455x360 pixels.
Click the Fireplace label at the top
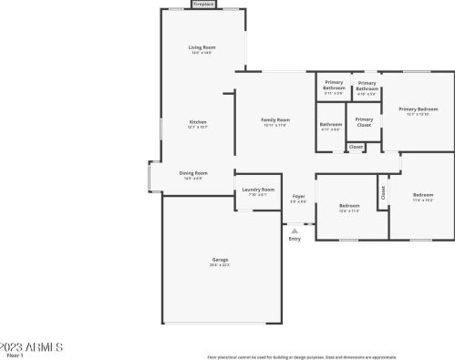pos(203,5)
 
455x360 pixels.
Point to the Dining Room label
pos(192,172)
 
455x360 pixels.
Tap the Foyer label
pos(298,196)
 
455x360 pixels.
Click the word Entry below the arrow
pos(295,239)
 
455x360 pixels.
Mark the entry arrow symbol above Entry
pos(295,231)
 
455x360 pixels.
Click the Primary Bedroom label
pos(413,109)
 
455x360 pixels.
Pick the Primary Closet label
pos(364,118)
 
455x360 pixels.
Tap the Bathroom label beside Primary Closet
pos(330,124)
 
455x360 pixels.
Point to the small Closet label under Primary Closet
pos(357,146)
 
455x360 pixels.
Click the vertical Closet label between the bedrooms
pos(382,192)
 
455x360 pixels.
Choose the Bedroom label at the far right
pos(423,195)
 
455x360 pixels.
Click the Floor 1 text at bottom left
pos(11,355)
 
